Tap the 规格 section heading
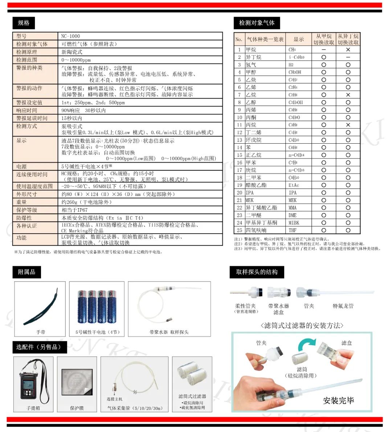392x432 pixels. tap(24, 23)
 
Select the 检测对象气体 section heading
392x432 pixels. tap(257, 23)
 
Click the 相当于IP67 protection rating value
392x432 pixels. tap(74, 210)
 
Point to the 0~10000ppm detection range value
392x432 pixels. tap(76, 60)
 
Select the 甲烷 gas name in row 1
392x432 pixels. tap(251, 50)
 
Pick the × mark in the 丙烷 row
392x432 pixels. tap(348, 125)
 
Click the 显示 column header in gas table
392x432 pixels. tap(299, 39)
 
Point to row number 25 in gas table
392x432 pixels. tap(239, 230)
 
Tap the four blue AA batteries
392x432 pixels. tap(97, 307)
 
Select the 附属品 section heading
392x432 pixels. tap(26, 272)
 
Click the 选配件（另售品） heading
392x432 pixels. tap(38, 347)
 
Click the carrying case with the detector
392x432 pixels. tap(33, 381)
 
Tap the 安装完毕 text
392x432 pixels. tap(338, 400)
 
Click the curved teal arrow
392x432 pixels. tap(307, 344)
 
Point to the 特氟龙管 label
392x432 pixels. tap(343, 306)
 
